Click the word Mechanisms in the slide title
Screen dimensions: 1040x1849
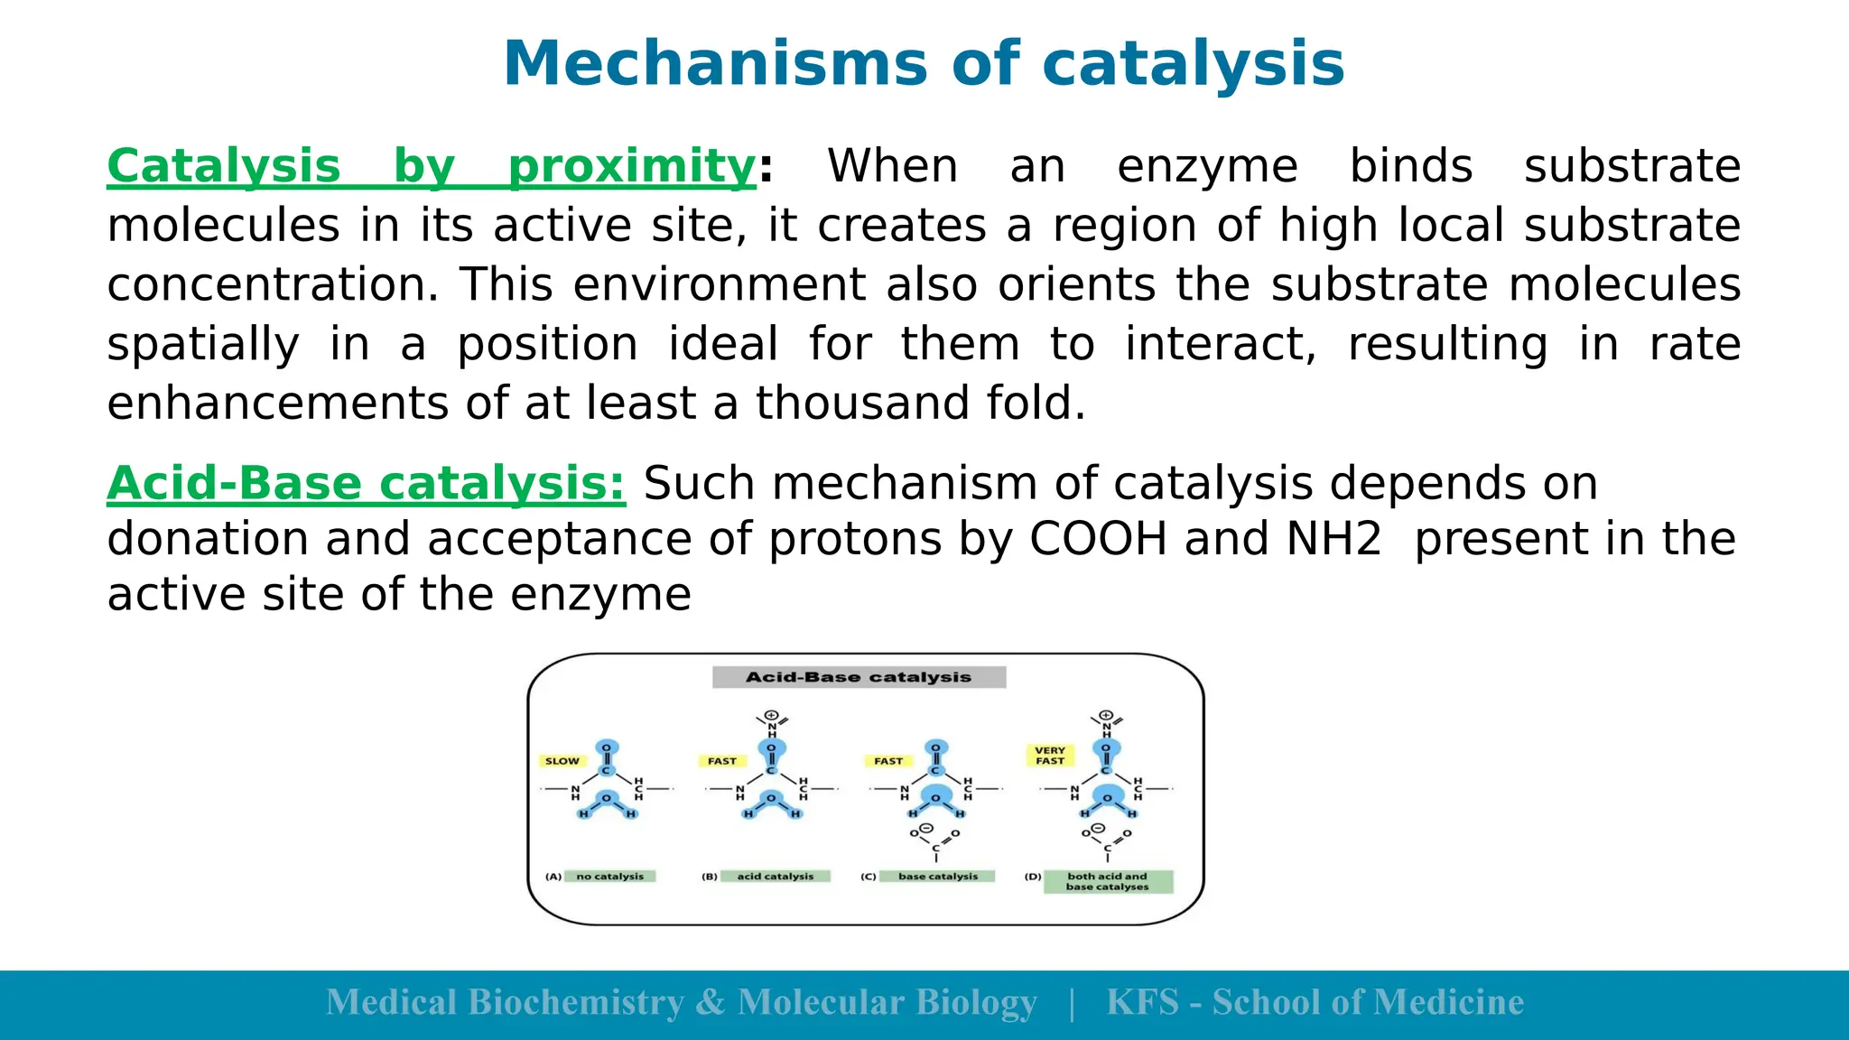click(714, 64)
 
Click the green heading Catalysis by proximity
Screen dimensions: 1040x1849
click(431, 167)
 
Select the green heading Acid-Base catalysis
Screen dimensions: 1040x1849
click(366, 484)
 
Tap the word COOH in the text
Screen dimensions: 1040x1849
click(1098, 539)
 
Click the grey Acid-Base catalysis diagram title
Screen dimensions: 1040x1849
click(859, 677)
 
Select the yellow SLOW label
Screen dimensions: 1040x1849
click(562, 761)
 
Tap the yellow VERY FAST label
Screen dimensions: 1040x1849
click(1050, 756)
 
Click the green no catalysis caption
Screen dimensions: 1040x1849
click(610, 877)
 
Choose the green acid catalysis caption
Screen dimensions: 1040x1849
click(776, 877)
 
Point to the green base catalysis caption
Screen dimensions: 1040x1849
click(938, 877)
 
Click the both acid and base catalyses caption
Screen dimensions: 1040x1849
click(1108, 882)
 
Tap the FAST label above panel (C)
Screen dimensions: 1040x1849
click(888, 761)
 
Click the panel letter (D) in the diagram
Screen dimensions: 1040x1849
click(1033, 877)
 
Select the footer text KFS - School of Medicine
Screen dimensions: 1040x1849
click(1315, 1003)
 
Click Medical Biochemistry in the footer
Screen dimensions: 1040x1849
click(506, 1003)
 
